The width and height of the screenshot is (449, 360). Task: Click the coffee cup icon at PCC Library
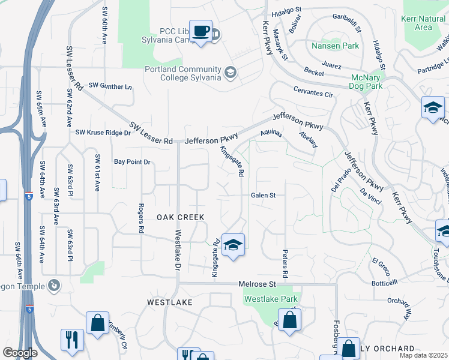tap(201, 31)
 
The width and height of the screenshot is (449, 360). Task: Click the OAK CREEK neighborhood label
tap(181, 217)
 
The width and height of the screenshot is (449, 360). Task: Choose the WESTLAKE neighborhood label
tap(170, 302)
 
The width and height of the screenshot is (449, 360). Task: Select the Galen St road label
tap(263, 195)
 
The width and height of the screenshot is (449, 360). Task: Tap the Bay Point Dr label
tap(131, 162)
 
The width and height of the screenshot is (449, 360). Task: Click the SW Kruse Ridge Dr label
tap(103, 132)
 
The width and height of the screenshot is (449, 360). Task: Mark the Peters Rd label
tap(286, 263)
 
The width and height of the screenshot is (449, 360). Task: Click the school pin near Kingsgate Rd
tap(233, 245)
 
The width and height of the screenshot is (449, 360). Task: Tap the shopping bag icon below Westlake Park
tap(289, 320)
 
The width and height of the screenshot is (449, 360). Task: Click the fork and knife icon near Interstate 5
tap(71, 340)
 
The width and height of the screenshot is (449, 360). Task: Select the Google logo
tap(20, 353)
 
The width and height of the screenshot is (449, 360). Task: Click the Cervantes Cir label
tap(313, 94)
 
